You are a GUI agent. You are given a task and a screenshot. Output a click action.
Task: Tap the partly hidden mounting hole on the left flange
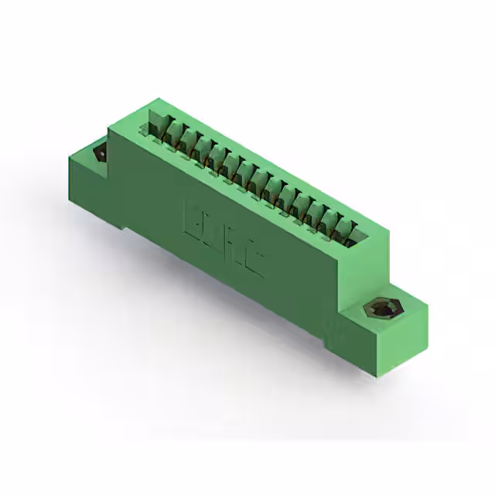100,153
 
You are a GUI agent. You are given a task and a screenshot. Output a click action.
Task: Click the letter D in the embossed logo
213,231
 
